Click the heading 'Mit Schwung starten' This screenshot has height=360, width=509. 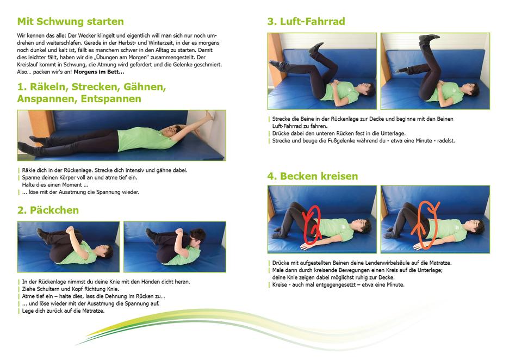71,21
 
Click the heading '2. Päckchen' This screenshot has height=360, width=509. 48,210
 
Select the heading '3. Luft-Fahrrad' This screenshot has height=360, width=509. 306,21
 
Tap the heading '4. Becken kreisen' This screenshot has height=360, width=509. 313,176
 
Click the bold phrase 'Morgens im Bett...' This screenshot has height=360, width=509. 99,72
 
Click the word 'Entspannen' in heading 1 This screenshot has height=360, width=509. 111,98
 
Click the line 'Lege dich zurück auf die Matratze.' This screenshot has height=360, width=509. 63,311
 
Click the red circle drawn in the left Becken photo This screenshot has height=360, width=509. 312,224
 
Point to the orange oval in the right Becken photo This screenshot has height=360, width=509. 426,224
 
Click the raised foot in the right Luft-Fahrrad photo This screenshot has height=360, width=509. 429,38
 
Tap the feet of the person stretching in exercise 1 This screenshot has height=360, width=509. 32,145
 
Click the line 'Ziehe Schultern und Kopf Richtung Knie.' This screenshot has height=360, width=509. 71,289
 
